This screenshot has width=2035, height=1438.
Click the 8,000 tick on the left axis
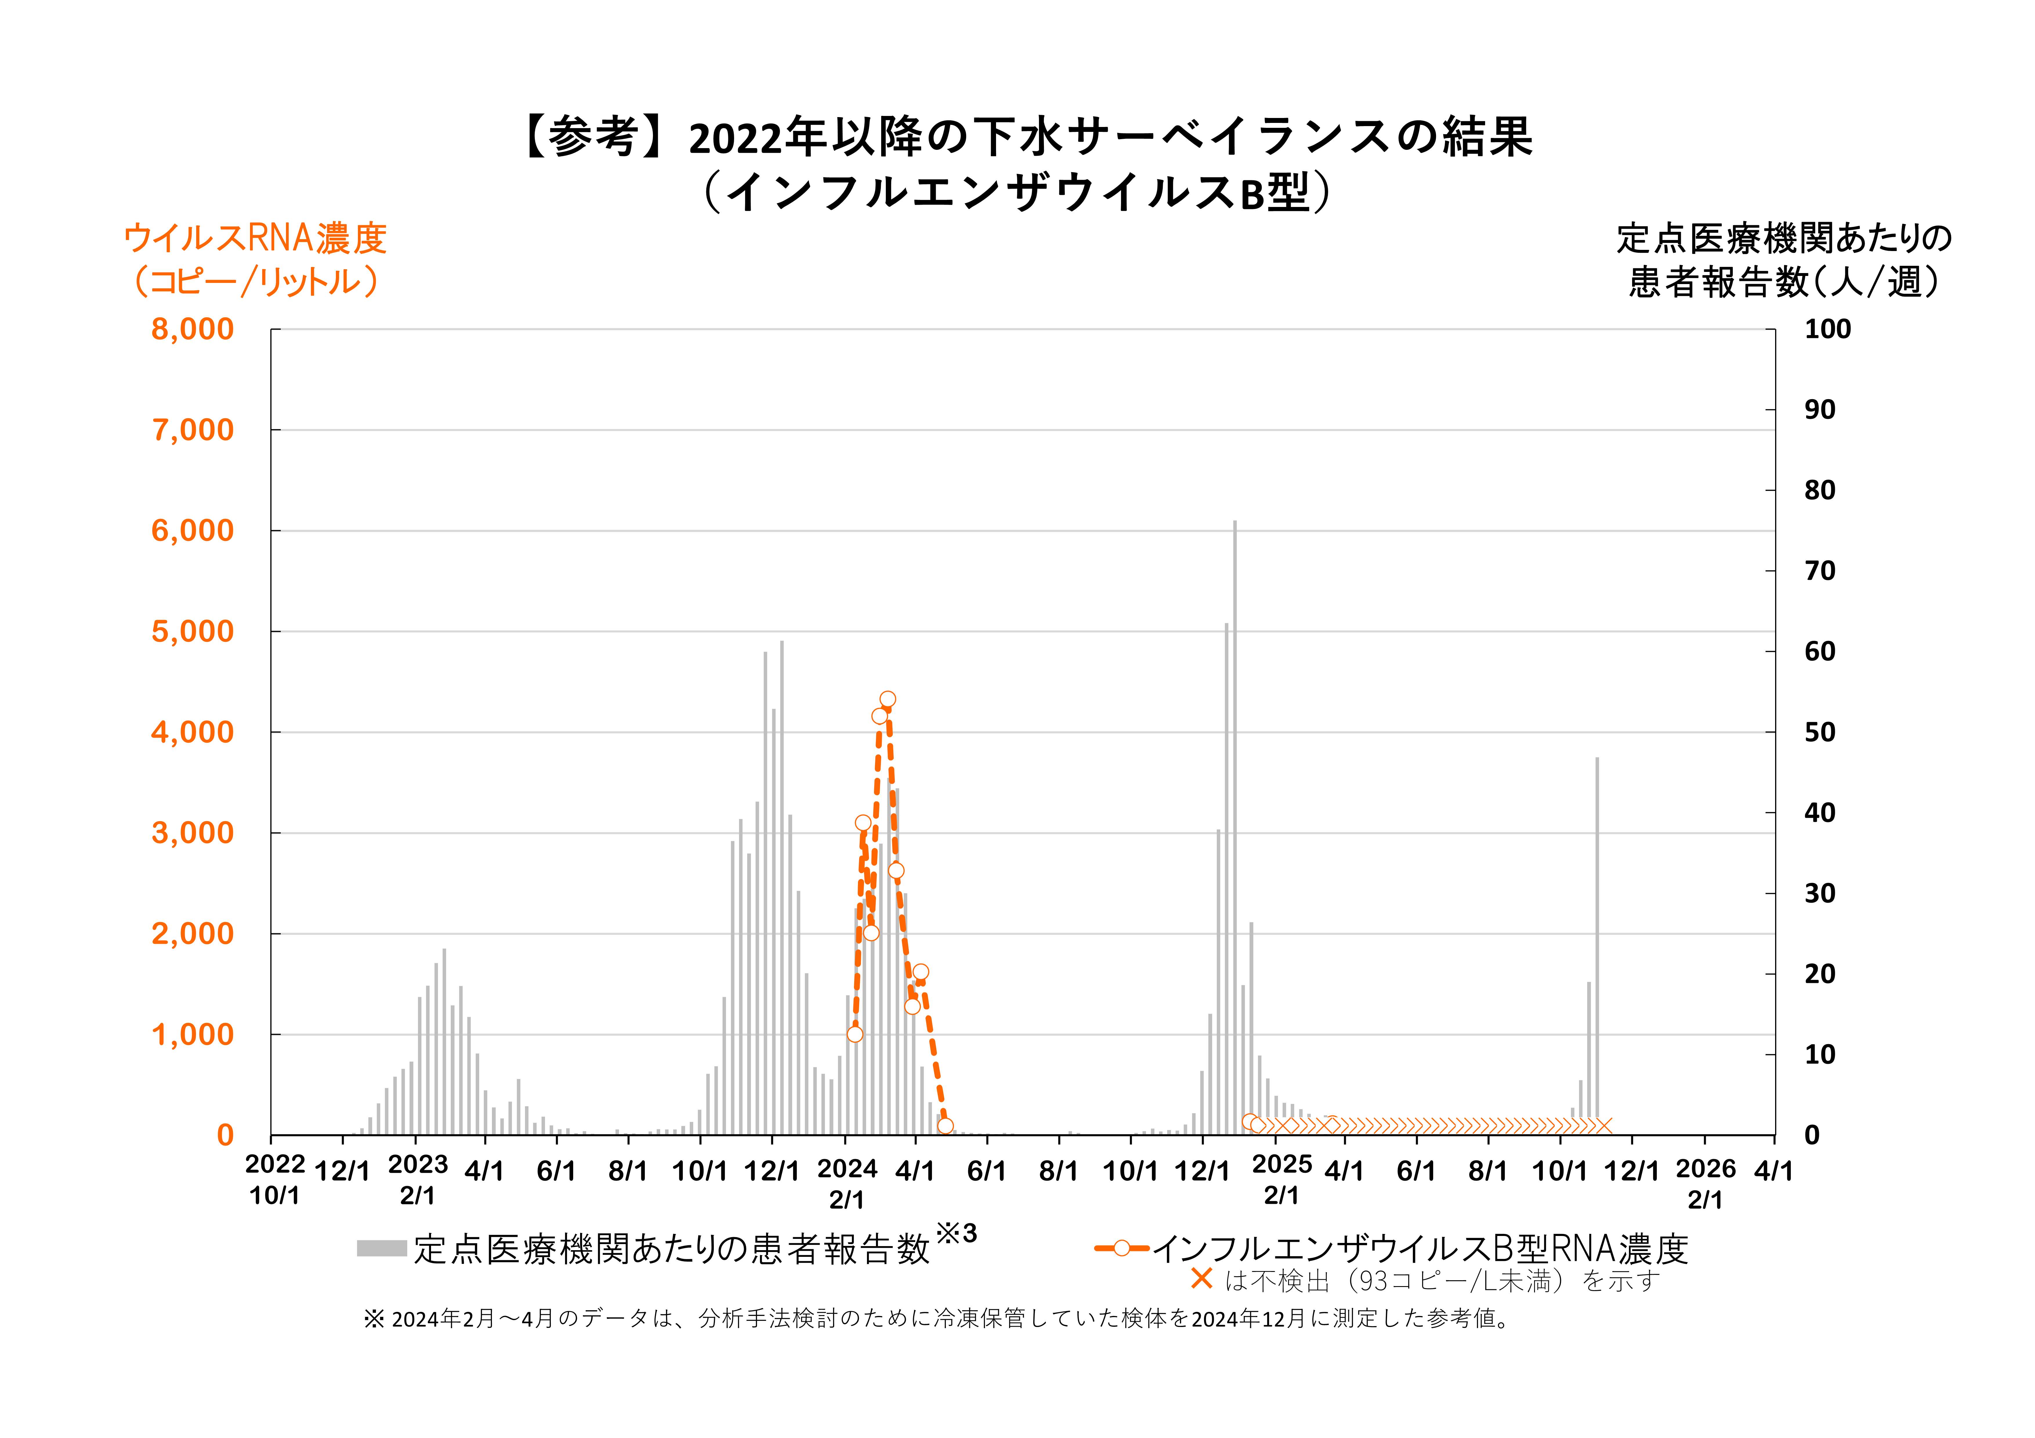pos(192,330)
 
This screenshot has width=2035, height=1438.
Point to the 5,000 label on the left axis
pos(192,632)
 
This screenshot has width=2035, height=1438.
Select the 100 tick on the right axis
pos(1828,330)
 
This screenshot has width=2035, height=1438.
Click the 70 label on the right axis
pos(1819,571)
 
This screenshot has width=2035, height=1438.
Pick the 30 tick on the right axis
pos(1819,893)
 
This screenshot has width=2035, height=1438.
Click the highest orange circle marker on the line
pos(887,699)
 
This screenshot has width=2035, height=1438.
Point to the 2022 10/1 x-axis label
pos(275,1180)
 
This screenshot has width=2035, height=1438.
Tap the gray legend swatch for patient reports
pos(381,1248)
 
